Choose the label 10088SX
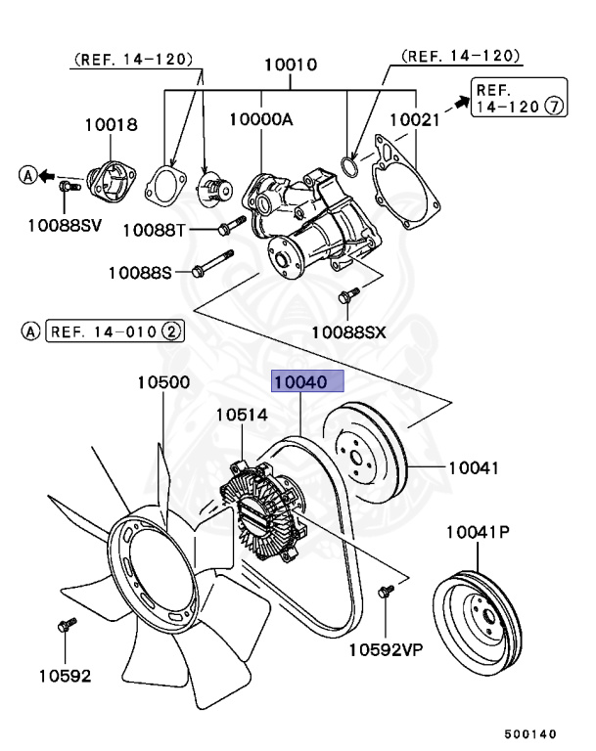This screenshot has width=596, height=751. (348, 332)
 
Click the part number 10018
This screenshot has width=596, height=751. (111, 125)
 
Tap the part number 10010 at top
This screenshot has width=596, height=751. (291, 66)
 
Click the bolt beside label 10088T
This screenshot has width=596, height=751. (228, 229)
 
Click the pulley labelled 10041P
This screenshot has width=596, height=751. (476, 613)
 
